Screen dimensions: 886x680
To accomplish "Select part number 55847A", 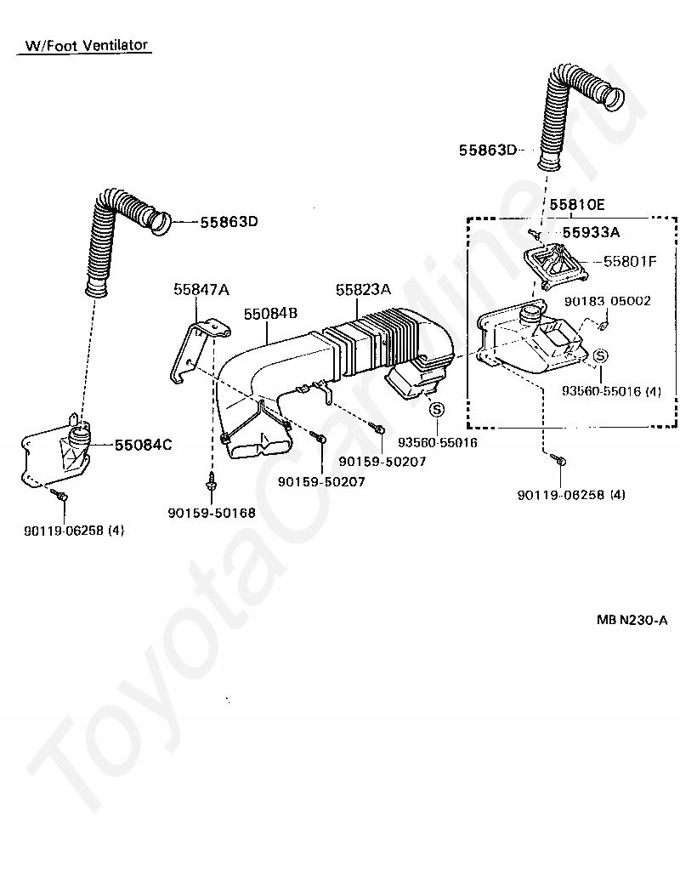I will (x=201, y=289).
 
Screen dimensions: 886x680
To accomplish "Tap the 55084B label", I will (x=270, y=314).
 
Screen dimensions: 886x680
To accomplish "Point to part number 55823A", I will (x=363, y=289).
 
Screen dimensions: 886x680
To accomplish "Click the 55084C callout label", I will (x=143, y=444).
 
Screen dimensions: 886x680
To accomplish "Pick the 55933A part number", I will (x=591, y=231).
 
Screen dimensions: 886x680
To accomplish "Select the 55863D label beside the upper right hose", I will (x=487, y=151).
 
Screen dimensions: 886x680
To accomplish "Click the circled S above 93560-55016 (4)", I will (x=599, y=355).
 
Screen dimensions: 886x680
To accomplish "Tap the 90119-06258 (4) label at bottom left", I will (x=74, y=531).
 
